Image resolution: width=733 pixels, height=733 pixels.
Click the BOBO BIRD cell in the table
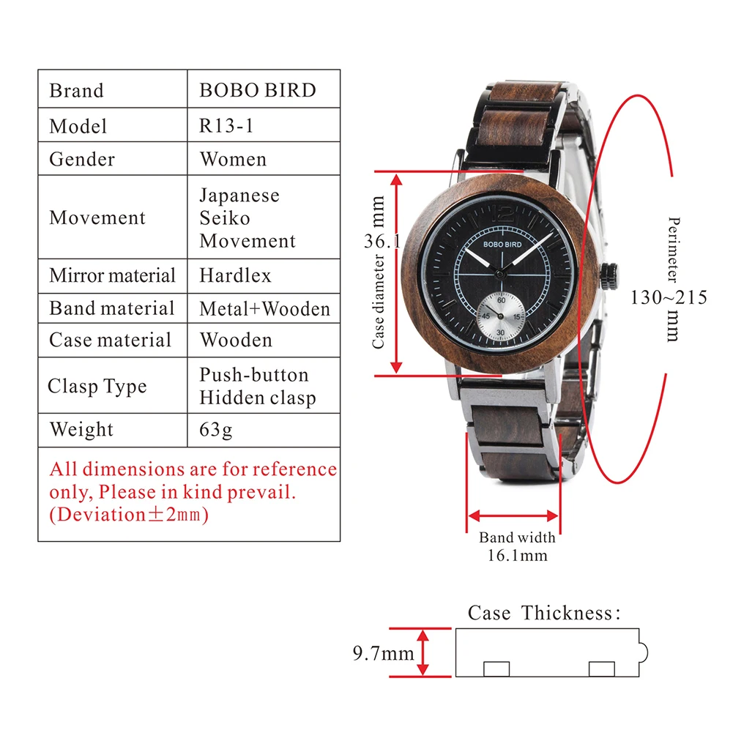tap(258, 91)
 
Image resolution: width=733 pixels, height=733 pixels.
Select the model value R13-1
tap(227, 125)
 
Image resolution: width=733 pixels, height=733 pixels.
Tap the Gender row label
tap(82, 159)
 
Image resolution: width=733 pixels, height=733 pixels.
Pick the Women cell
tap(233, 159)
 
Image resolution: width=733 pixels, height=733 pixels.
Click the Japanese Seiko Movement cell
tap(248, 218)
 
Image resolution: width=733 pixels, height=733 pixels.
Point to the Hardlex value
tap(235, 275)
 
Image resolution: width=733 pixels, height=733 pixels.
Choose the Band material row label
tap(111, 308)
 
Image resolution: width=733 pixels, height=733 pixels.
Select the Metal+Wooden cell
tap(264, 309)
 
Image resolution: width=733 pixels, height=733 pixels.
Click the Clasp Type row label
tap(97, 387)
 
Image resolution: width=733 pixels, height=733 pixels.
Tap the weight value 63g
tap(216, 429)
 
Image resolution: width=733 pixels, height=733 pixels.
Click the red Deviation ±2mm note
tap(129, 514)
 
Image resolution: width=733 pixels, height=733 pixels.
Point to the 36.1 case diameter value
tap(381, 240)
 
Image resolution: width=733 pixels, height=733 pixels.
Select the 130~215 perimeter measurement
tap(669, 297)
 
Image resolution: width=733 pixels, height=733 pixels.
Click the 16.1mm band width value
tap(517, 555)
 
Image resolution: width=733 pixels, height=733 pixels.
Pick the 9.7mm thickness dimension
tap(383, 652)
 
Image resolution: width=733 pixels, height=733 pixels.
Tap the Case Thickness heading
tap(543, 613)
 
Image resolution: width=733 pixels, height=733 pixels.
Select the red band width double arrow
tap(513, 515)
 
